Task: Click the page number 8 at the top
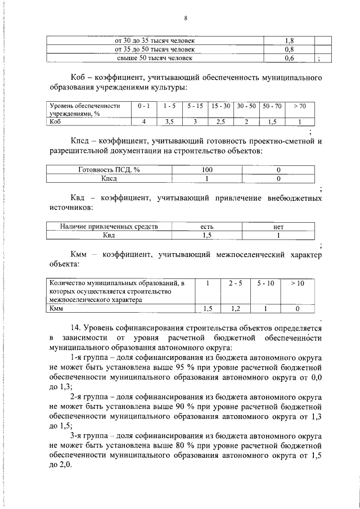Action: pyautogui.click(x=185, y=18)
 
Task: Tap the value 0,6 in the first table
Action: pyautogui.click(x=289, y=57)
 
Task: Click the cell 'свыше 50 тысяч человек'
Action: pyautogui.click(x=154, y=57)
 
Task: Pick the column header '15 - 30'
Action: pyautogui.click(x=220, y=106)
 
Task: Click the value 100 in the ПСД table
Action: pyautogui.click(x=207, y=170)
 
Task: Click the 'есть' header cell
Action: pyautogui.click(x=207, y=227)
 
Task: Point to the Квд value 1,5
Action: pyautogui.click(x=207, y=235)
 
